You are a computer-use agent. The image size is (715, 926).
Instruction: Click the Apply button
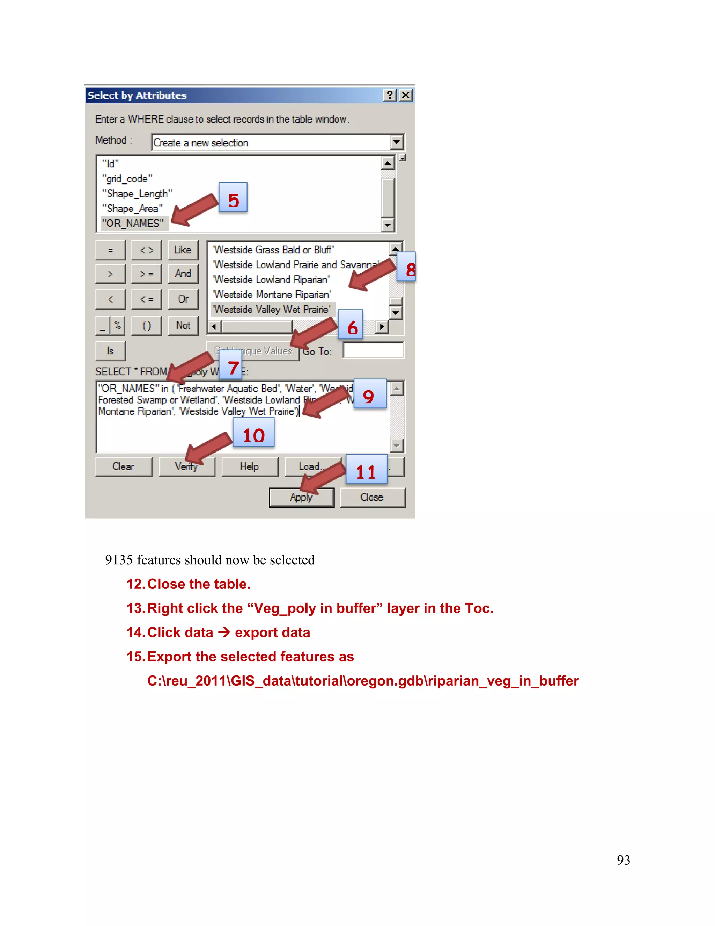point(301,497)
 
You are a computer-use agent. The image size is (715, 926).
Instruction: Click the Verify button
point(186,466)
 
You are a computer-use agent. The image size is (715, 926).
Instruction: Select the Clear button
point(123,466)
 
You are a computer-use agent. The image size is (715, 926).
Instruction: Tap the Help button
point(250,466)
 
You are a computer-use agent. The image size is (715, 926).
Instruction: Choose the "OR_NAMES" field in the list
point(133,223)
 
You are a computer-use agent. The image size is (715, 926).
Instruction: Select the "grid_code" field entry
point(127,179)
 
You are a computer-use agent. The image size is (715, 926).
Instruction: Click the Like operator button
point(183,250)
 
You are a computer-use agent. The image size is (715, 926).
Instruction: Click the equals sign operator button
point(111,250)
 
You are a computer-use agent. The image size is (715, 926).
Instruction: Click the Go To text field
point(373,350)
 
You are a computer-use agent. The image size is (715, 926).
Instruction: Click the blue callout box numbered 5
point(233,197)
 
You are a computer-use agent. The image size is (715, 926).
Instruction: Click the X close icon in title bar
point(406,95)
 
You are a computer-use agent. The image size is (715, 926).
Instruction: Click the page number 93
point(623,860)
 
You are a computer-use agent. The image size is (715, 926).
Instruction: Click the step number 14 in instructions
point(136,632)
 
